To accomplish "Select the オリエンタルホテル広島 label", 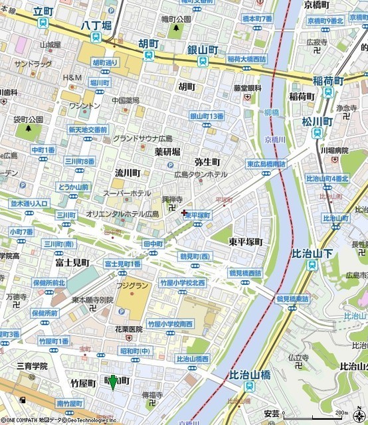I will click(x=122, y=214).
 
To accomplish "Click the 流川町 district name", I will click(x=128, y=172).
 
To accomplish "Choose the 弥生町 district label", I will click(x=207, y=161).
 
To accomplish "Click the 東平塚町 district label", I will click(x=246, y=241).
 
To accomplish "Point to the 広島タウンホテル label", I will click(x=201, y=174).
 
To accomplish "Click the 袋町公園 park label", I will click(x=28, y=119).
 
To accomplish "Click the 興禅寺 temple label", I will click(x=173, y=199).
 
